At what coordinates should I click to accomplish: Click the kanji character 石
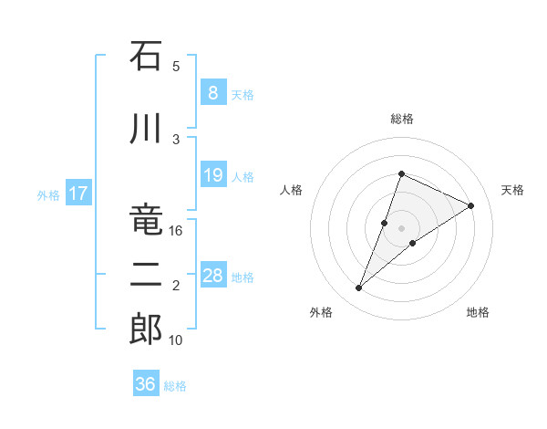coord(146,58)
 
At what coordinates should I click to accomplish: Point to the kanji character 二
coord(146,275)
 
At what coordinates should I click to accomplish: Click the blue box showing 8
coord(212,93)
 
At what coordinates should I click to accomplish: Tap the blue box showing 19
coord(212,175)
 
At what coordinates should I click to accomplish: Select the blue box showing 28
coord(212,276)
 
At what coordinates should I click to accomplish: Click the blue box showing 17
coord(77,194)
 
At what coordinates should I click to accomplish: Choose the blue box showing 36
coord(146,384)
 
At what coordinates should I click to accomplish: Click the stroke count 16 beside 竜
coord(176,231)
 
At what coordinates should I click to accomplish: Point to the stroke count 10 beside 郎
coord(176,340)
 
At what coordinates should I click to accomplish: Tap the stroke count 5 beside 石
coord(176,67)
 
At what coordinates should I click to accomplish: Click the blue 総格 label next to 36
coord(175,386)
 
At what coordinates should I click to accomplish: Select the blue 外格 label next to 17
coord(48,195)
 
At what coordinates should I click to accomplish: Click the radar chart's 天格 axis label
coord(513,190)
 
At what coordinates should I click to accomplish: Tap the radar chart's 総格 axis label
coord(401,119)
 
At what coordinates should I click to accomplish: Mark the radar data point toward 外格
coord(359,288)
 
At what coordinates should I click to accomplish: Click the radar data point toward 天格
coord(471,205)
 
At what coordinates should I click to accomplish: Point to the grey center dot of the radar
coord(401,227)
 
